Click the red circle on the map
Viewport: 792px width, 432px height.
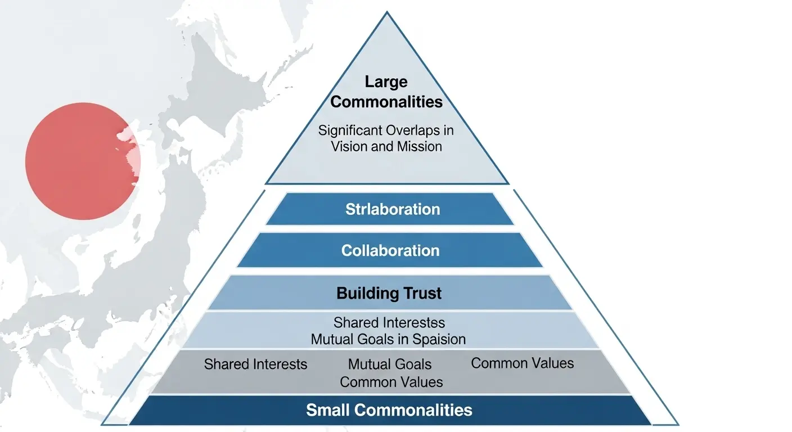pos(82,161)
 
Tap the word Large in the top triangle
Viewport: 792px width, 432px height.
pos(386,82)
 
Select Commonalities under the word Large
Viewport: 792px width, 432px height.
pos(386,102)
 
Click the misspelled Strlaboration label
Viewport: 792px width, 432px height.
pos(392,209)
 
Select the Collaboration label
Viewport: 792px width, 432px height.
pos(390,250)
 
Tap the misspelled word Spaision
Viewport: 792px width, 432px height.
pos(439,339)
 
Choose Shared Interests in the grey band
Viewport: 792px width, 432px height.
pos(255,364)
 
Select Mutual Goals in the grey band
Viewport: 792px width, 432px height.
pos(389,364)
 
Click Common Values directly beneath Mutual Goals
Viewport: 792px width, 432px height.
pos(391,382)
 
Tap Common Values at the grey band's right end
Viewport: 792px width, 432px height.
pos(522,363)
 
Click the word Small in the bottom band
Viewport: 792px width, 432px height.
pos(326,409)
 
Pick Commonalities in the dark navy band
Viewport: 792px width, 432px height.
pos(411,409)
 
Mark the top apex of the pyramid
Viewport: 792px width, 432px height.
pos(386,12)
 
